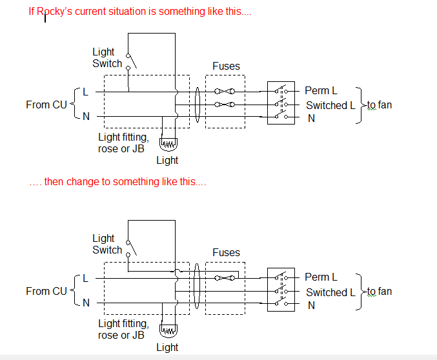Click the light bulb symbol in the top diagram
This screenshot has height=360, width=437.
click(x=168, y=145)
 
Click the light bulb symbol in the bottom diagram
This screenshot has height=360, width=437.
click(x=168, y=332)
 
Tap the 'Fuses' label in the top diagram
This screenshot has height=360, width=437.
click(x=226, y=66)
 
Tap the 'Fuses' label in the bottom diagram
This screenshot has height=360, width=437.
click(x=226, y=252)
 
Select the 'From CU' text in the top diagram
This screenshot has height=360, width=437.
click(x=46, y=105)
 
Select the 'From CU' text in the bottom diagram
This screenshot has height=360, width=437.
click(x=46, y=291)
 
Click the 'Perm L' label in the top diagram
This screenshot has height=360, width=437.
click(x=321, y=91)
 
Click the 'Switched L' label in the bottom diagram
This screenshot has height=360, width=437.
click(x=330, y=292)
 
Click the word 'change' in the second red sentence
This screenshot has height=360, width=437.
click(x=85, y=182)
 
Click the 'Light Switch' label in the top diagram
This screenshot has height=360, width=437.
click(x=107, y=57)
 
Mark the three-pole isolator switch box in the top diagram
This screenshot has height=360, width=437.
click(x=281, y=103)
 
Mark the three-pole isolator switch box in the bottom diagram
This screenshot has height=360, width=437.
click(x=281, y=290)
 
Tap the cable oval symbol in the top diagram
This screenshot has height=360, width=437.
click(x=196, y=103)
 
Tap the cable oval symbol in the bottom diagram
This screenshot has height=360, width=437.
click(x=196, y=290)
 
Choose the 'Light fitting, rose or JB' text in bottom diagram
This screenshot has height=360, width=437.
click(x=123, y=330)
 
